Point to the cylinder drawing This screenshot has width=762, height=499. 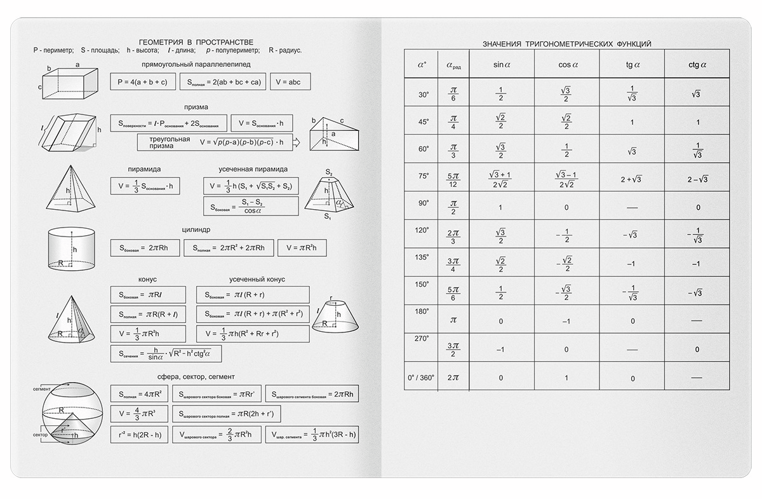click(x=72, y=249)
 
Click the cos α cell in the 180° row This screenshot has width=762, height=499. click(x=566, y=321)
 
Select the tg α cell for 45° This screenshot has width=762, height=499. click(x=632, y=122)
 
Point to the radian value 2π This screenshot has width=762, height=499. click(x=453, y=377)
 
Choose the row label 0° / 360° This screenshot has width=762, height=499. click(x=422, y=377)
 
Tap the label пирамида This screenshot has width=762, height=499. click(x=144, y=169)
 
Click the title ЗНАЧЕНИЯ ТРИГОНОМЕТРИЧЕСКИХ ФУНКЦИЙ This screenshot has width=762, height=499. click(x=566, y=44)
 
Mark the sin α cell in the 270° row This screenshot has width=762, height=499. click(x=500, y=349)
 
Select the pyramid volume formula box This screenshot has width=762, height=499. click(x=145, y=186)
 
